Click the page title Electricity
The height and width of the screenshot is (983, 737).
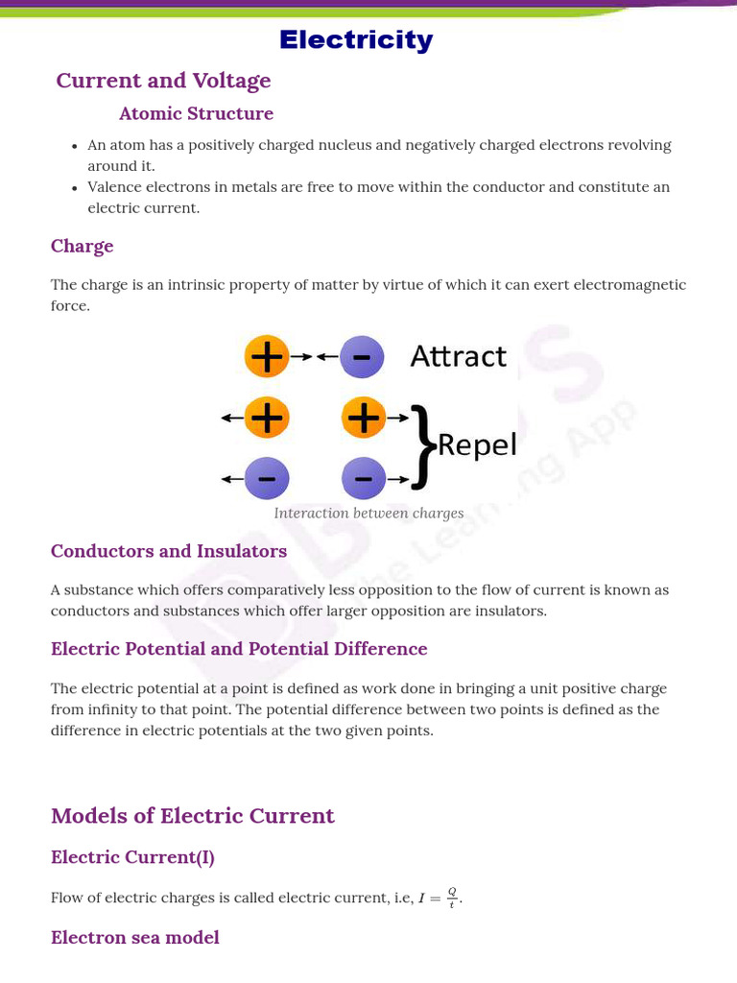click(x=356, y=40)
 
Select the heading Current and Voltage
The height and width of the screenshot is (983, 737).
click(x=163, y=81)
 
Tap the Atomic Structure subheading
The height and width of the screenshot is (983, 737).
click(x=196, y=113)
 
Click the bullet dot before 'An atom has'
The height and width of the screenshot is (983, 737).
click(x=75, y=146)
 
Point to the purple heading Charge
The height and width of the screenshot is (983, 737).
click(x=82, y=246)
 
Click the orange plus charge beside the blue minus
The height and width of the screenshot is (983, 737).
click(x=267, y=357)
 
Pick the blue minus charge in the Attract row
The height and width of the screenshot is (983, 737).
click(x=362, y=357)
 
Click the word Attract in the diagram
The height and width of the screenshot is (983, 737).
click(x=458, y=356)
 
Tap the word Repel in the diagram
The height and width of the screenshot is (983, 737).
click(x=477, y=445)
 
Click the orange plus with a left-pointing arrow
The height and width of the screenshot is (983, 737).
click(x=267, y=418)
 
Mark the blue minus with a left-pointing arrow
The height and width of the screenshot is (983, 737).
click(x=267, y=478)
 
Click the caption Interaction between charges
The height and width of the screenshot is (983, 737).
click(x=368, y=513)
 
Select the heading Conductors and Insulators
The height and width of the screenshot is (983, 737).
click(x=169, y=551)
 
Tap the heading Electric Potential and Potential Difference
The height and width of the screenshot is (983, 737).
click(x=239, y=649)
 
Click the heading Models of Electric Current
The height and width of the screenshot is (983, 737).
click(x=192, y=816)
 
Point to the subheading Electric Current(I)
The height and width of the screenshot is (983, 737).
click(x=132, y=857)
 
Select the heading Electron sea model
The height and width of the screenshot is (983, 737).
click(x=134, y=937)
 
